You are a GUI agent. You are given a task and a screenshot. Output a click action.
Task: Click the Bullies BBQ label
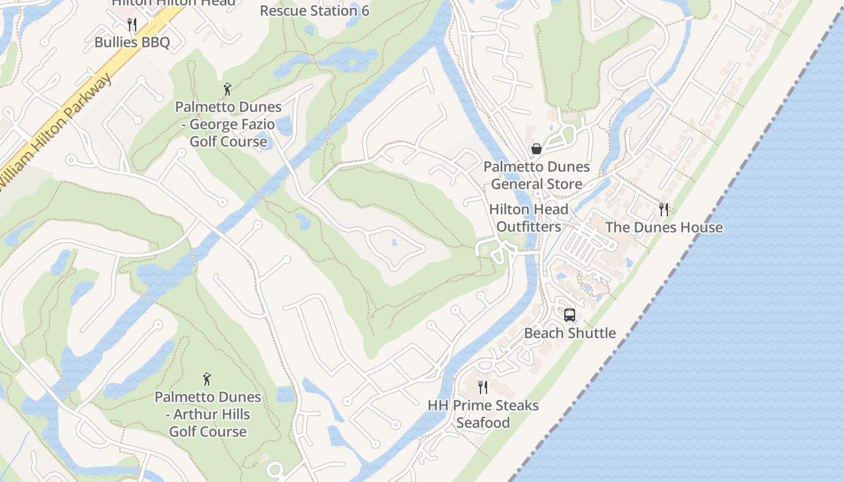pyautogui.click(x=132, y=42)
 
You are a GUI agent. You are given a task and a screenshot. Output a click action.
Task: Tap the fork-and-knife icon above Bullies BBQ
pyautogui.click(x=132, y=25)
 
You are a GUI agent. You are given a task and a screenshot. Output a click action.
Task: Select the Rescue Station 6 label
pyautogui.click(x=314, y=11)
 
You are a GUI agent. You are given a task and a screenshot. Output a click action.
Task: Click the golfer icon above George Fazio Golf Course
pyautogui.click(x=227, y=90)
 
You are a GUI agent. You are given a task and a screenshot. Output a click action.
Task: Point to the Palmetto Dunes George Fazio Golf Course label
pyautogui.click(x=228, y=124)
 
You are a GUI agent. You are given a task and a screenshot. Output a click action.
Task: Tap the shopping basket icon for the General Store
pyautogui.click(x=536, y=149)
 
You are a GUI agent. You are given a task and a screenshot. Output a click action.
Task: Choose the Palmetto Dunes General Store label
pyautogui.click(x=537, y=175)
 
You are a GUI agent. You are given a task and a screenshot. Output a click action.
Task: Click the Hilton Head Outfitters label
pyautogui.click(x=529, y=218)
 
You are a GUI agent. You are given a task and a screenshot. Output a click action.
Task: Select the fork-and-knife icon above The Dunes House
pyautogui.click(x=664, y=210)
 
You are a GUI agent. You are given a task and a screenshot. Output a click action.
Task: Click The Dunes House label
pyautogui.click(x=664, y=227)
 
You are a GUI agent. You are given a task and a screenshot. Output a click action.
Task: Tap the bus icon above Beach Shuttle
pyautogui.click(x=569, y=315)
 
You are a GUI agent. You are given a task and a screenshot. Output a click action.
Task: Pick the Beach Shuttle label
pyautogui.click(x=570, y=333)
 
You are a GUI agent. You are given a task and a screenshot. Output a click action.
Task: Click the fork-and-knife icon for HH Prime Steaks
pyautogui.click(x=483, y=387)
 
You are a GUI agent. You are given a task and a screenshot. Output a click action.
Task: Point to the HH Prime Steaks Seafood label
pyautogui.click(x=483, y=413)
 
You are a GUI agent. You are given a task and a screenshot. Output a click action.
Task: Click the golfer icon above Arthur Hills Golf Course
pyautogui.click(x=207, y=380)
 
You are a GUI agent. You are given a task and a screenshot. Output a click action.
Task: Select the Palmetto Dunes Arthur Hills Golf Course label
pyautogui.click(x=208, y=414)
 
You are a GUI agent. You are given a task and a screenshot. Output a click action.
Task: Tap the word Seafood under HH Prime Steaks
pyautogui.click(x=483, y=422)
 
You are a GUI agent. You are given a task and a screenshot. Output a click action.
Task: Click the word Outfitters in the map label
pyautogui.click(x=529, y=227)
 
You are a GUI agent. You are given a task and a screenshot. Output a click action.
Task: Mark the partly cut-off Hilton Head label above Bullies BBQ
pyautogui.click(x=174, y=3)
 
